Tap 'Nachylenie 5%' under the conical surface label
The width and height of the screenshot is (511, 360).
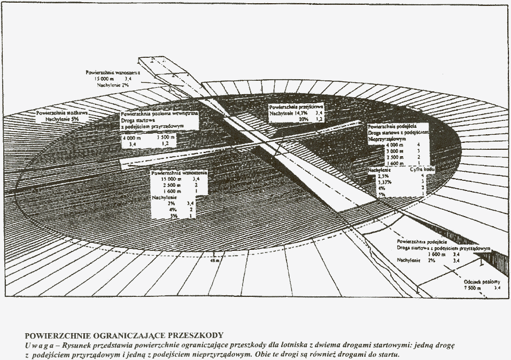click(x=57, y=121)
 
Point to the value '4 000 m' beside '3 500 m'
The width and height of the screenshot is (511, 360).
click(x=133, y=137)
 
